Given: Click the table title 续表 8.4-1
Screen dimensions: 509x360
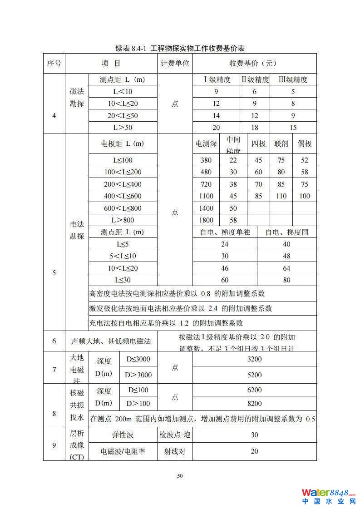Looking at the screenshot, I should tap(180, 48).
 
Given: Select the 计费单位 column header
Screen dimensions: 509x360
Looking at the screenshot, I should tap(175, 64).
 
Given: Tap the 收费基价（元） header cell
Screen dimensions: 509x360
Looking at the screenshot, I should tap(254, 64).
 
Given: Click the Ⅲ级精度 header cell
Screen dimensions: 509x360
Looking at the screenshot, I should tap(293, 79).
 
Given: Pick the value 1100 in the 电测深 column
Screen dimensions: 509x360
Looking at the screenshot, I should tap(206, 196).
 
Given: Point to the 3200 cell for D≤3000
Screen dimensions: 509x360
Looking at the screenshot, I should tap(254, 359).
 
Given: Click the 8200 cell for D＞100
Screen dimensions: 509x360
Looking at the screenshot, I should tap(254, 404).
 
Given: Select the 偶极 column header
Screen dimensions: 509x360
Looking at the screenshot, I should tap(305, 144).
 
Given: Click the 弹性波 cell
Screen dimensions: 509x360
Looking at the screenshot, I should tap(123, 435).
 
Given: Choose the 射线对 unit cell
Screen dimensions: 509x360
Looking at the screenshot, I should tap(175, 451).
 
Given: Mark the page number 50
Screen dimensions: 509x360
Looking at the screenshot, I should tap(180, 476).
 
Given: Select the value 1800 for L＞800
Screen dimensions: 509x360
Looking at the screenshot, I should tap(206, 220).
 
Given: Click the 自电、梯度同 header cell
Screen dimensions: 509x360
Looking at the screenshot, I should tap(286, 232).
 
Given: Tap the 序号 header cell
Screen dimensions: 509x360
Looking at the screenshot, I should tap(54, 64).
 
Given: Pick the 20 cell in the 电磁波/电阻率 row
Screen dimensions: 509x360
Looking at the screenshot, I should tap(254, 451).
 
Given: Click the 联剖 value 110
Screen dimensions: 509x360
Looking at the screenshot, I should tap(281, 196).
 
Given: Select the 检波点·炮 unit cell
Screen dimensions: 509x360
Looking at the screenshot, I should tap(175, 435).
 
